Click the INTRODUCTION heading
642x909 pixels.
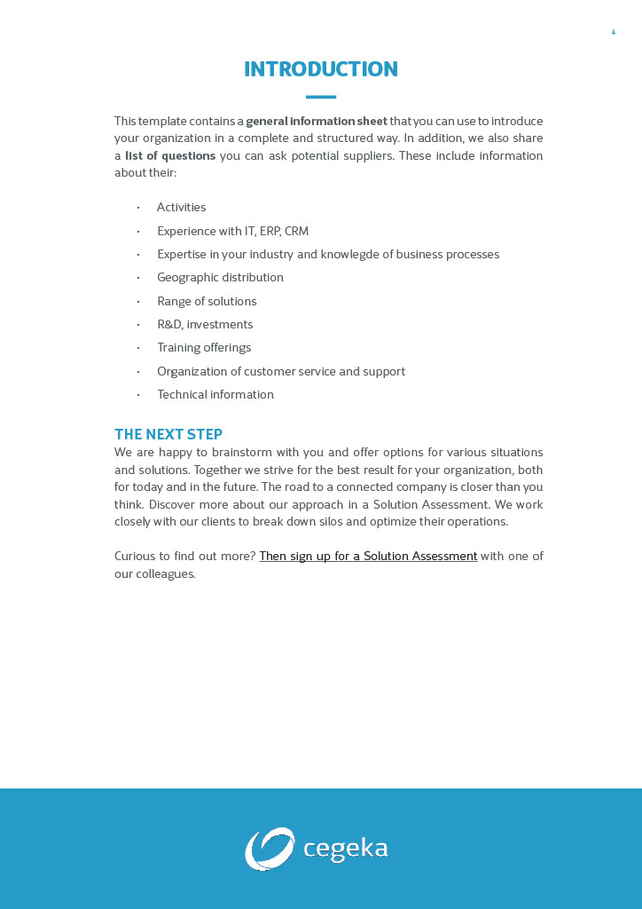[320, 69]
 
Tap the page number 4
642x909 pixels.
[613, 33]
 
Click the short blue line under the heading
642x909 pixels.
[320, 97]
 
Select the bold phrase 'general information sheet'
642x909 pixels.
[317, 121]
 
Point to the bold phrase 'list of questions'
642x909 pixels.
[170, 155]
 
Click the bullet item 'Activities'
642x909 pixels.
[181, 208]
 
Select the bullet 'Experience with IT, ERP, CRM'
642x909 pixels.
[232, 231]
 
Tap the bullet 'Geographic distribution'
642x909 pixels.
[220, 278]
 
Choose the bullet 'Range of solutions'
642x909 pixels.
[207, 301]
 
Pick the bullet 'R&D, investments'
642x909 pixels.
[205, 325]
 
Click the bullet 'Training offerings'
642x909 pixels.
[204, 348]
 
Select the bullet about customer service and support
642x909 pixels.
[280, 371]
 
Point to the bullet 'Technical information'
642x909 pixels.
[215, 395]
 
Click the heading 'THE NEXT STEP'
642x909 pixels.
[168, 434]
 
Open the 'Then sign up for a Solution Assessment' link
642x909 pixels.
[368, 557]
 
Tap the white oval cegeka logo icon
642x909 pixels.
[270, 849]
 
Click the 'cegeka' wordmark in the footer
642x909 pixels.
[345, 849]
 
